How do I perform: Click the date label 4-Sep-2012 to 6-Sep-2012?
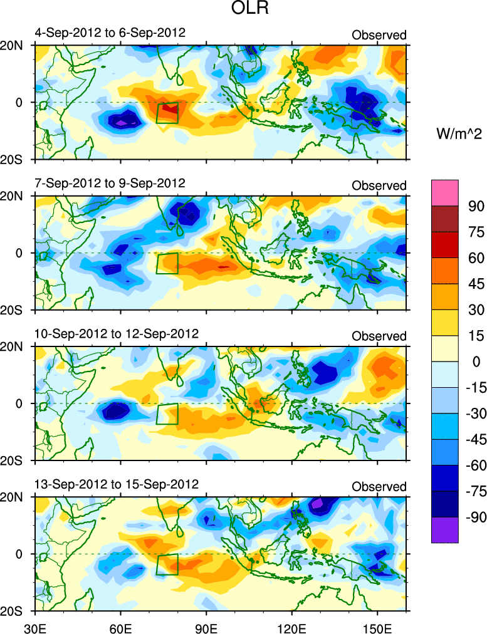[x=110, y=33]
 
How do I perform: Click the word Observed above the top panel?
[x=379, y=35]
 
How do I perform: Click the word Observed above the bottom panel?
[x=379, y=487]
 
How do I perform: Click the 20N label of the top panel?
[x=12, y=45]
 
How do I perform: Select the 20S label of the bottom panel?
[x=12, y=611]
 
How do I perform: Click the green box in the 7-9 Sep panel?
[x=167, y=263]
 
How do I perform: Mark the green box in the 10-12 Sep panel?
[x=167, y=413]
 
